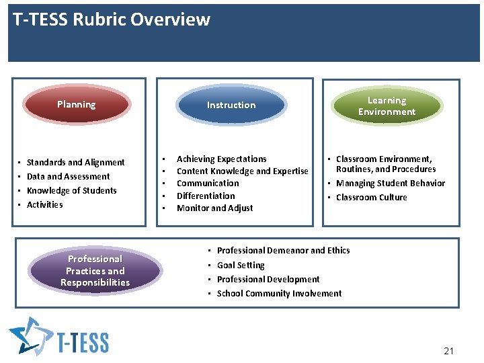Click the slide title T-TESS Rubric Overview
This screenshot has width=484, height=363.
(112, 19)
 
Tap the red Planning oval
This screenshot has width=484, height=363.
(76, 105)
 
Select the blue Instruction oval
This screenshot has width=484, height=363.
(231, 105)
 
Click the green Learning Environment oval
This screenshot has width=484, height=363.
(387, 106)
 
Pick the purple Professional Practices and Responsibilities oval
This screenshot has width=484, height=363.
(95, 271)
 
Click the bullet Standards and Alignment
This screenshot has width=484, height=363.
(75, 162)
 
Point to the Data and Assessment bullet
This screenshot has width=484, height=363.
(68, 176)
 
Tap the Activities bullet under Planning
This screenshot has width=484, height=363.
(44, 204)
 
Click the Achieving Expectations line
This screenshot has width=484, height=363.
(221, 159)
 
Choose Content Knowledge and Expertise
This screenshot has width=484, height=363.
(242, 171)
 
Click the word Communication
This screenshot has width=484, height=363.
(208, 183)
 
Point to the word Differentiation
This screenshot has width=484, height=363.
(206, 196)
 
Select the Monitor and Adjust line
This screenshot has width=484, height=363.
(214, 208)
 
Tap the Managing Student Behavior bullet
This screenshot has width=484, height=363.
(390, 183)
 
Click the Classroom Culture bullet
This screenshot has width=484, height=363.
(371, 197)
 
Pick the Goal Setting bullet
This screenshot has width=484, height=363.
(241, 265)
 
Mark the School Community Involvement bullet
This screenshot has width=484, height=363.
(279, 293)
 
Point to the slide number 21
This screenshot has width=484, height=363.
(449, 351)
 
